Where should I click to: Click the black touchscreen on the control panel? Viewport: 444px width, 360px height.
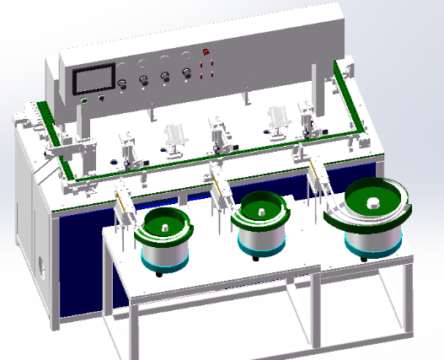(x=94, y=80)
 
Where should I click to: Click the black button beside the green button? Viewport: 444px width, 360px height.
(x=102, y=99)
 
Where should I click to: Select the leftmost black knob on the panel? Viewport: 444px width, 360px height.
(x=123, y=83)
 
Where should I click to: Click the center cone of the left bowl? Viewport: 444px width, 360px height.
(x=165, y=223)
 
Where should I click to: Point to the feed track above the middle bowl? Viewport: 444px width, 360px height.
(x=220, y=189)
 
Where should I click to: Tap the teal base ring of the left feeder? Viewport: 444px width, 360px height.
(x=164, y=265)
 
